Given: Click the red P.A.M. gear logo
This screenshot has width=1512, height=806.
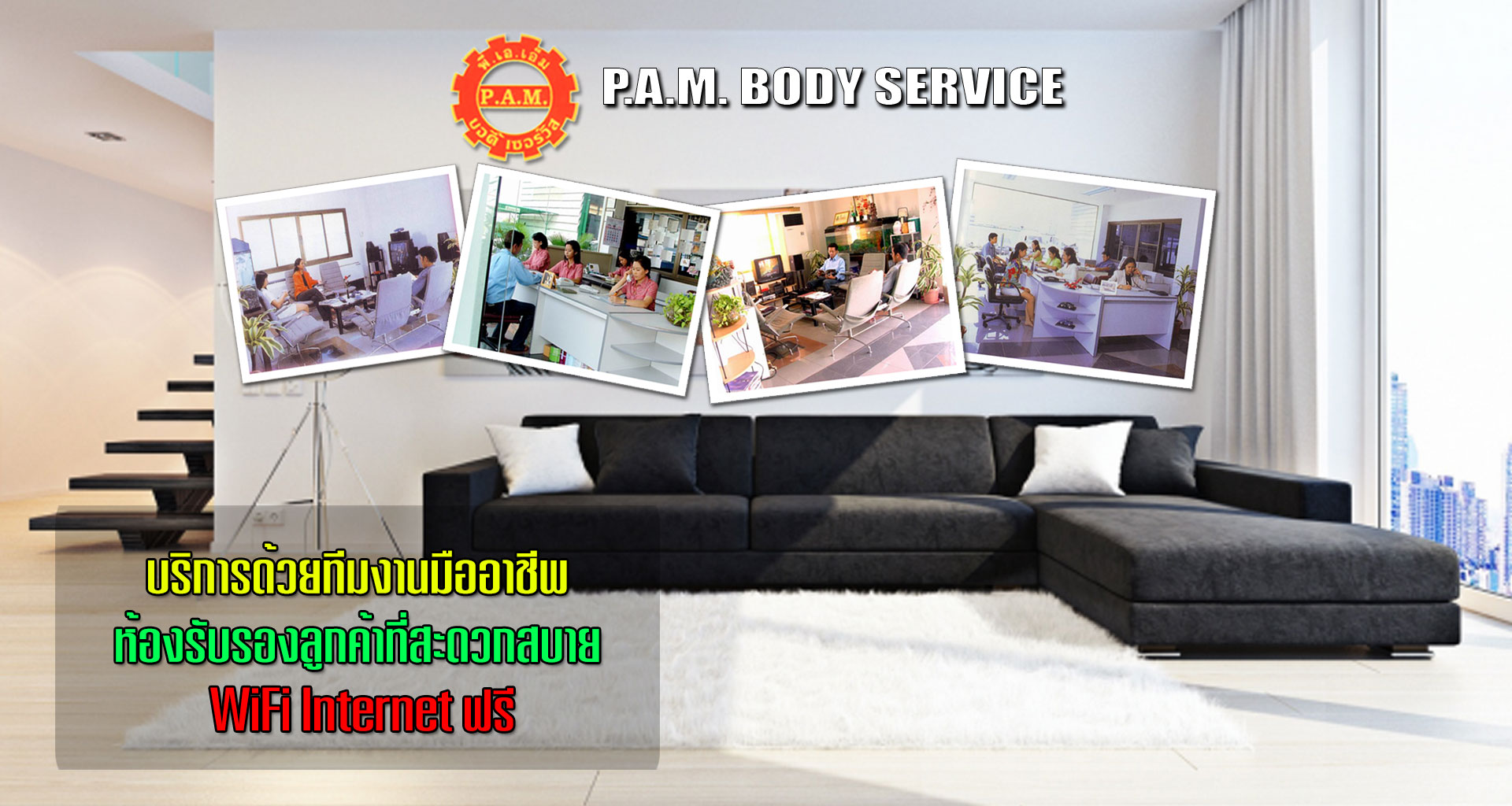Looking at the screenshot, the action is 515,97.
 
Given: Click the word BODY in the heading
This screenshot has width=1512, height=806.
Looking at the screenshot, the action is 801,87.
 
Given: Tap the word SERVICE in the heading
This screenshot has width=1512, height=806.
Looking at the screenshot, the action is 969,87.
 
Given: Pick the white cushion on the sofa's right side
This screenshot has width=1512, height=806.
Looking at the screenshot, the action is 1076,458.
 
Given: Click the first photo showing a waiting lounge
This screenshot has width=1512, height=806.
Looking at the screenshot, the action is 340,274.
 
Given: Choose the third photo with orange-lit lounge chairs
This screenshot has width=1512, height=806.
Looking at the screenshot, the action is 835,290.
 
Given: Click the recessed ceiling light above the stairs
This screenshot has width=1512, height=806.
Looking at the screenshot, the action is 106,136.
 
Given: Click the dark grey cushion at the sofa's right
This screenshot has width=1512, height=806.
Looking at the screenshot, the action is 1163,460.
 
